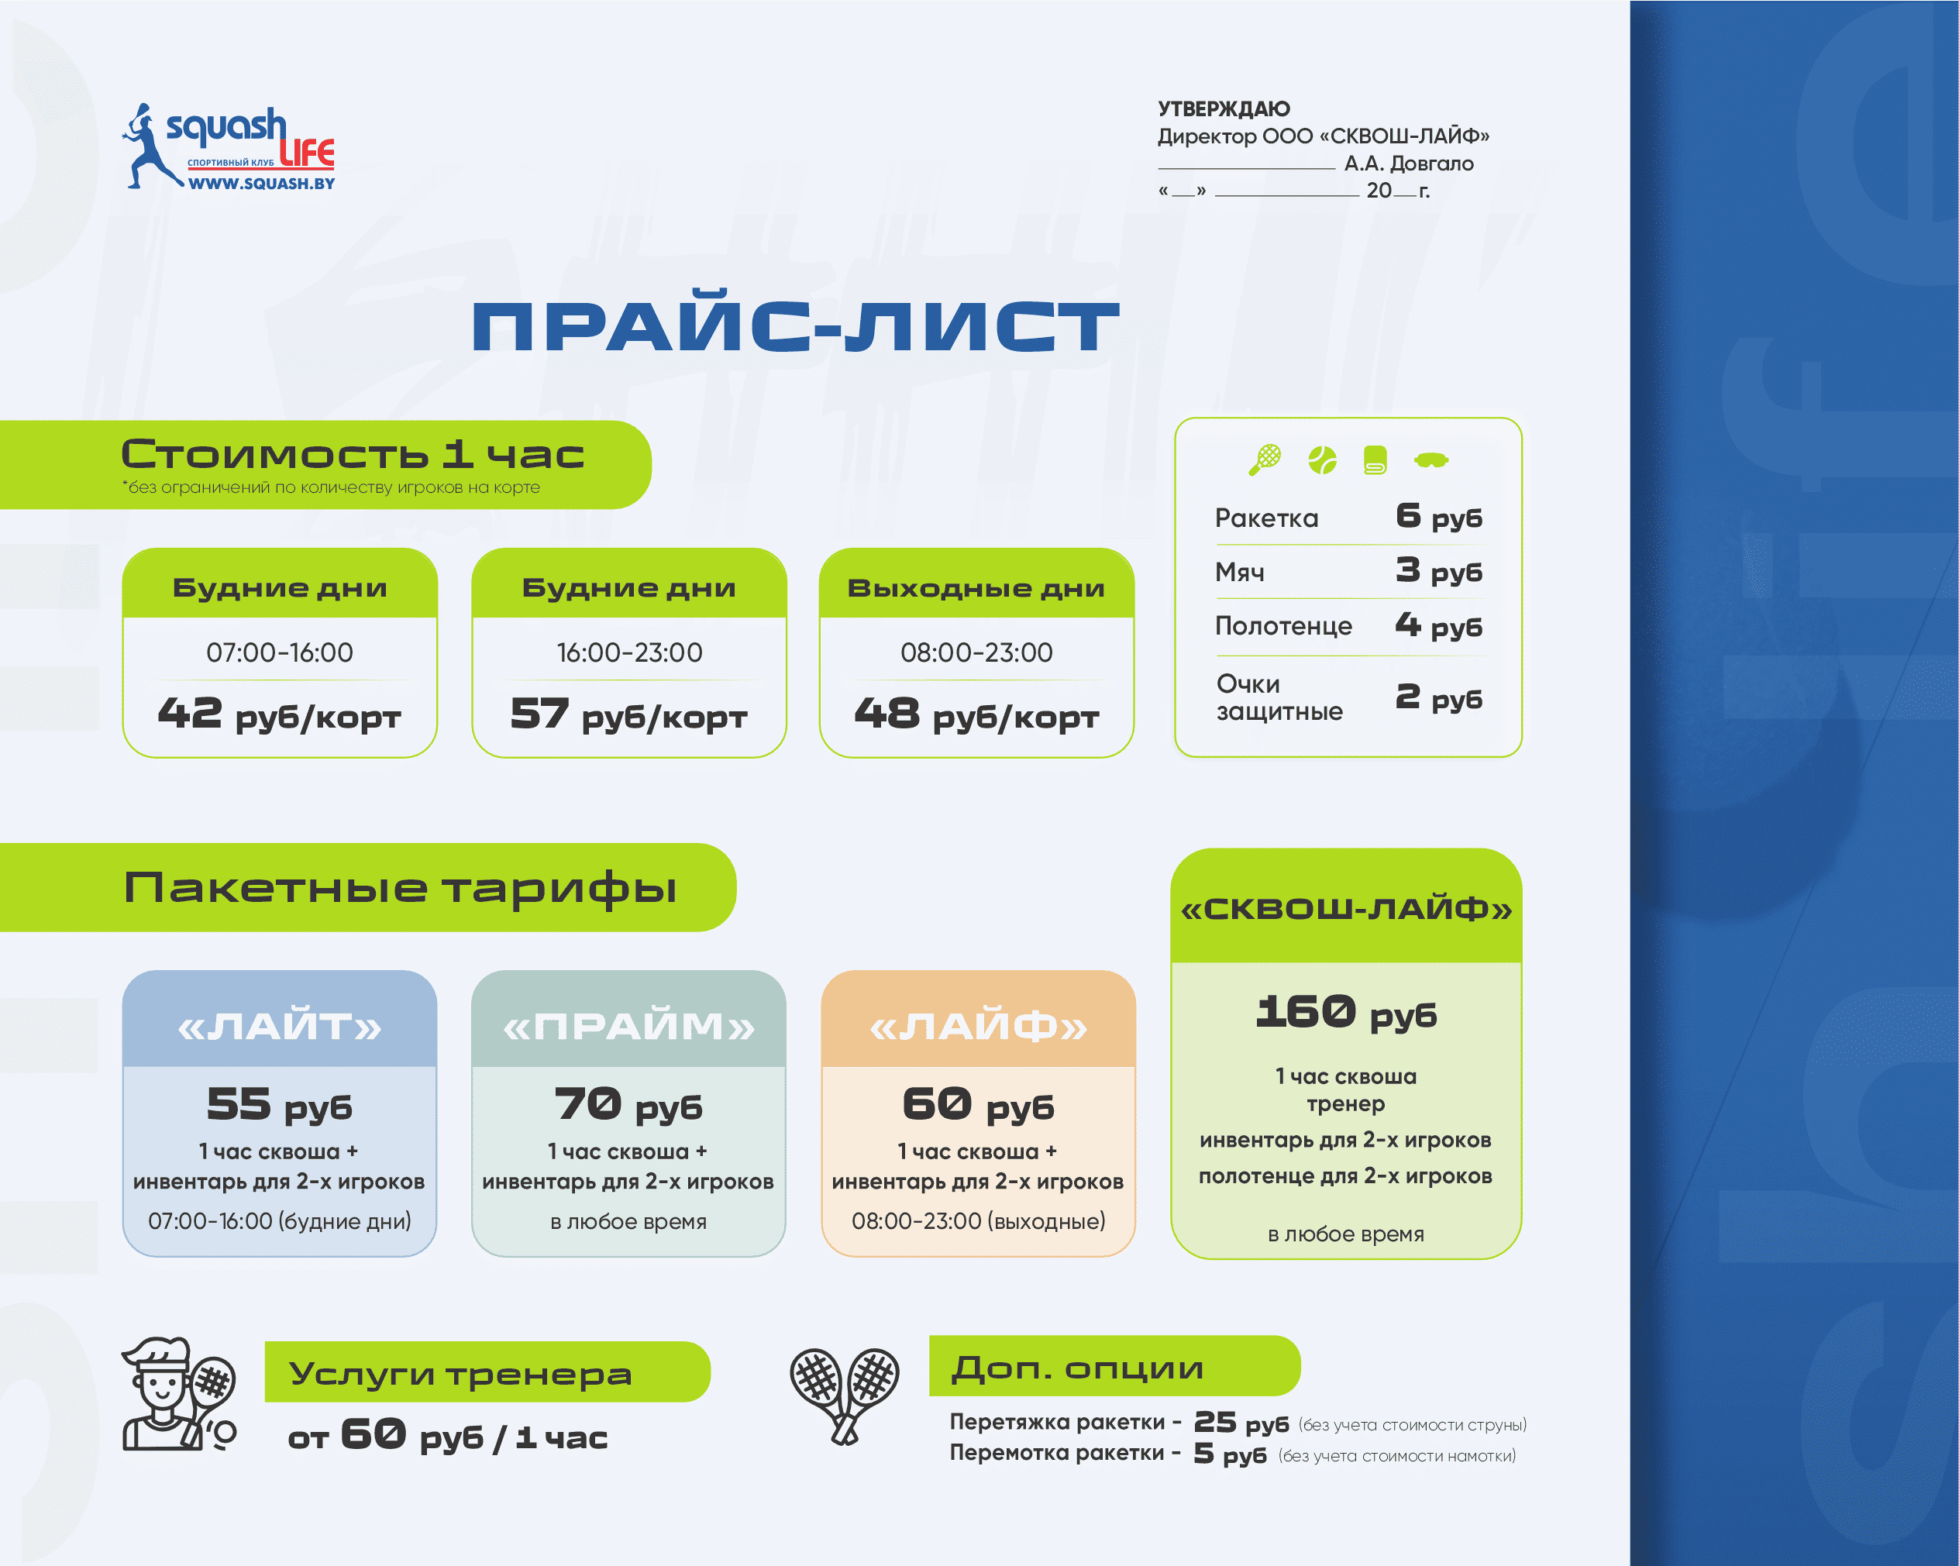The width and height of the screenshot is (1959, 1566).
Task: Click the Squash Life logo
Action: [x=229, y=147]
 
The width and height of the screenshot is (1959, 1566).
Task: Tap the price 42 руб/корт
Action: [x=280, y=714]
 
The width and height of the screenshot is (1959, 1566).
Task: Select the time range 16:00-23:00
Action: [x=628, y=652]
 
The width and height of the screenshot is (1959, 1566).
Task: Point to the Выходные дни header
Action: [x=976, y=587]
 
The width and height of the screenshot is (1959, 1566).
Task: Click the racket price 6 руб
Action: [x=1439, y=516]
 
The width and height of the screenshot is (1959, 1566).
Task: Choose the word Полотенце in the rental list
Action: [x=1283, y=626]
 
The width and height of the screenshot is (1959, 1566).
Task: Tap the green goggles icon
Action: [x=1431, y=460]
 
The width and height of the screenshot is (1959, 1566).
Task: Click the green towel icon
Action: [x=1375, y=459]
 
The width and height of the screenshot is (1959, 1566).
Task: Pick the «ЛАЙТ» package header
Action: [x=280, y=1027]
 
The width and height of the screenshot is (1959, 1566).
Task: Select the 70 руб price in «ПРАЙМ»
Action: [x=628, y=1104]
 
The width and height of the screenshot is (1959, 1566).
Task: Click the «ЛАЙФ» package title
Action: [x=979, y=1027]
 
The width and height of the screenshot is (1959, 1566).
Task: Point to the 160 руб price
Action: [x=1346, y=1012]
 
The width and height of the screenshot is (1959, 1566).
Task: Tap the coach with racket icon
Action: [x=180, y=1393]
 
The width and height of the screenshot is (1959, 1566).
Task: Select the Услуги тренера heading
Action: [x=460, y=1373]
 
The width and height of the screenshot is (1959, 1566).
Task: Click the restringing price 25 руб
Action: [x=1241, y=1423]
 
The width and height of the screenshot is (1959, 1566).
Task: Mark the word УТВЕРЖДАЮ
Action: [x=1224, y=109]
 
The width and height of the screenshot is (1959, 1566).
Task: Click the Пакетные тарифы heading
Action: [x=400, y=887]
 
